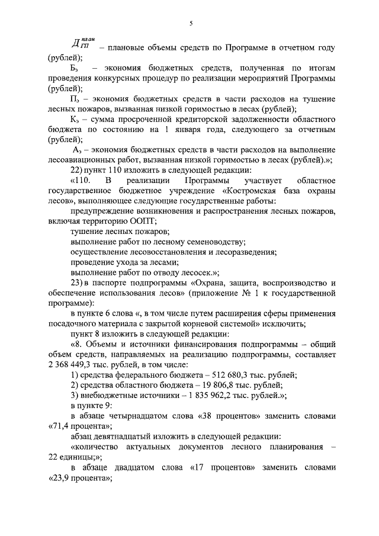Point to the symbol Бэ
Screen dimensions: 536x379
tap(75, 69)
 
